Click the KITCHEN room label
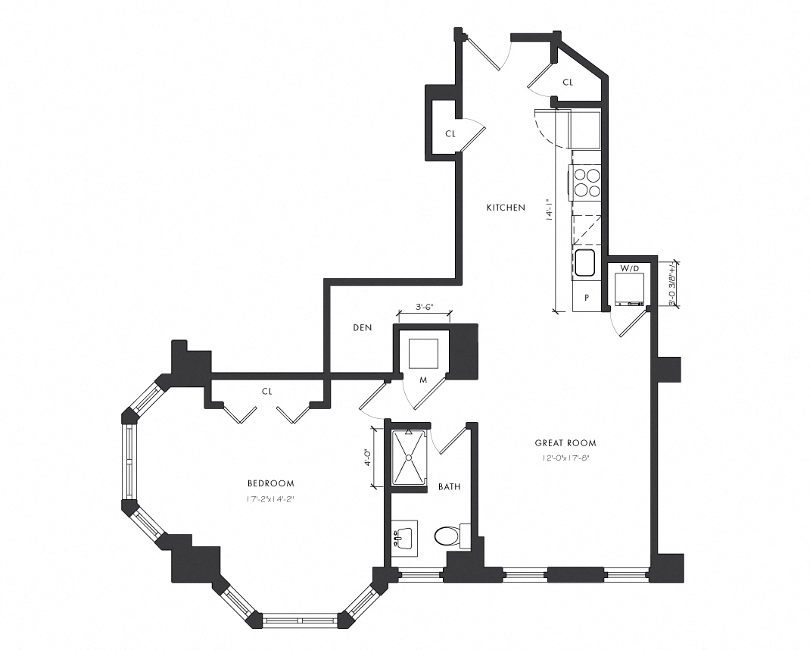pos(505,207)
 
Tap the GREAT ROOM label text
pos(565,443)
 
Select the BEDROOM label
pos(270,483)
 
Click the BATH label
pos(449,487)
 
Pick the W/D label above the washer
pos(629,268)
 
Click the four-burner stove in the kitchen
pos(586,182)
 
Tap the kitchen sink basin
pos(584,263)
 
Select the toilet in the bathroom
pos(452,536)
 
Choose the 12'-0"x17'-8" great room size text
pos(565,458)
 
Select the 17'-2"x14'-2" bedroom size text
pos(270,498)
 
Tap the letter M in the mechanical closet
pos(424,380)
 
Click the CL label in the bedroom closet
pos(266,392)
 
